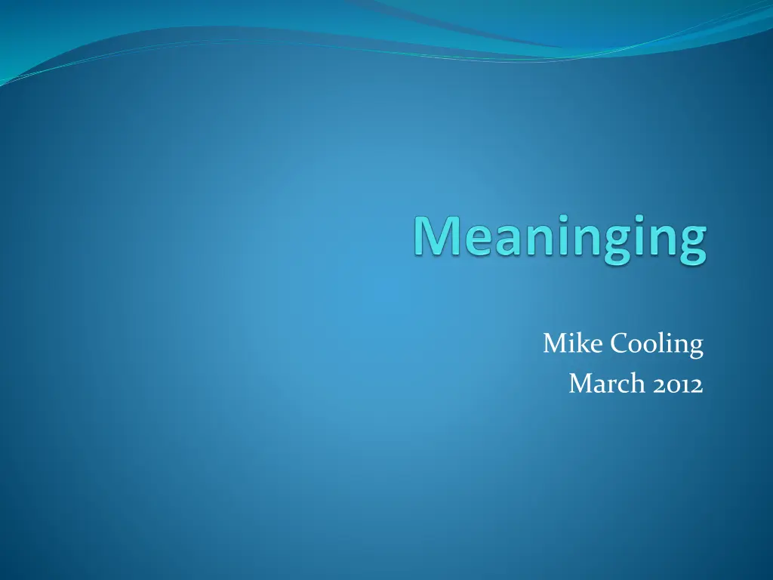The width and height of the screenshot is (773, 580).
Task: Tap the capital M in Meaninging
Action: (437, 236)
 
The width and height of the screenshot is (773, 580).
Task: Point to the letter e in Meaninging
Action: (479, 240)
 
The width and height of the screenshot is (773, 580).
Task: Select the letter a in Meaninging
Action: (510, 240)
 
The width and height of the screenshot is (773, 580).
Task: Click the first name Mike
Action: (573, 343)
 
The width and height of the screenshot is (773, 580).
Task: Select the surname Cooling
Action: (658, 344)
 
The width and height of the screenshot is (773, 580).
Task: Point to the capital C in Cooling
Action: (621, 344)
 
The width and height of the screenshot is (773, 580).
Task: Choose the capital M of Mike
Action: (555, 344)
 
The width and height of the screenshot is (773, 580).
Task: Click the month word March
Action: (607, 383)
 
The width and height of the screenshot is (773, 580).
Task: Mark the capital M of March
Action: (581, 384)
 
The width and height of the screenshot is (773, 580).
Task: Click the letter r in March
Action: (611, 387)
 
